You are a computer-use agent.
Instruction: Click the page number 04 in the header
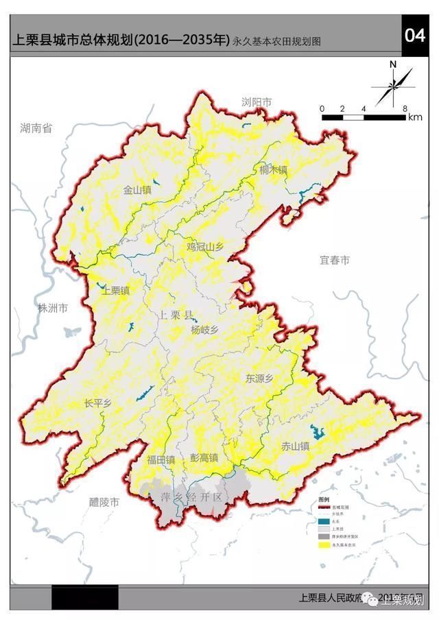(415, 36)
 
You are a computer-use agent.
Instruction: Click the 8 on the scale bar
(405, 108)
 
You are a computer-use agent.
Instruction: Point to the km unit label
(415, 117)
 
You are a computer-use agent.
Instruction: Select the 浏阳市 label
(257, 102)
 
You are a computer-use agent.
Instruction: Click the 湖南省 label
(36, 128)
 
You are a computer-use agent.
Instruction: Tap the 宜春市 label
(335, 261)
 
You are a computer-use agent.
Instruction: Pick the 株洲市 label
(53, 308)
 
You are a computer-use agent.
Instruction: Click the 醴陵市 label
(104, 501)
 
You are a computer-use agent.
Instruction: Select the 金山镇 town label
(137, 190)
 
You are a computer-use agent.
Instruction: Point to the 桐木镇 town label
(273, 169)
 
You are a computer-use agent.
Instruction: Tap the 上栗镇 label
(115, 291)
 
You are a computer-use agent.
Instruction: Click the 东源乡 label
(260, 378)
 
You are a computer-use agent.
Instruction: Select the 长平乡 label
(97, 403)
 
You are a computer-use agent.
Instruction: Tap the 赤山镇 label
(295, 446)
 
